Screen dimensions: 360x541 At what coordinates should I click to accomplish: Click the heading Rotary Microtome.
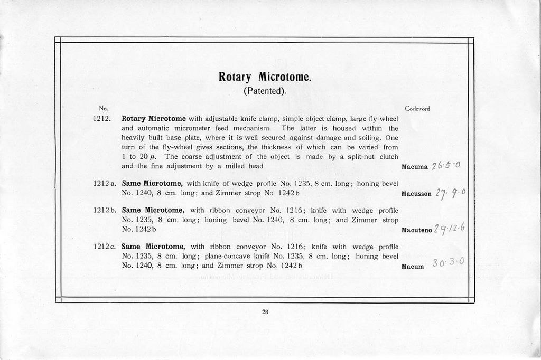pos(265,77)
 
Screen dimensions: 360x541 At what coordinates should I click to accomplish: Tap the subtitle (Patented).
pos(265,91)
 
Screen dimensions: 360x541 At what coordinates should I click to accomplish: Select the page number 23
pos(265,311)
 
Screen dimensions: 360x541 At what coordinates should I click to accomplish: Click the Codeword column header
pos(417,109)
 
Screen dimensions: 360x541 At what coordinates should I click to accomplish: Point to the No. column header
pos(104,109)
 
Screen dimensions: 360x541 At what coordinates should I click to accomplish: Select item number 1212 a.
pos(104,184)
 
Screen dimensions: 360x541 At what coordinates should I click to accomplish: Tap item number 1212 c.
pos(104,246)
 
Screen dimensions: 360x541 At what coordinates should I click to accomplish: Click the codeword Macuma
pos(415,167)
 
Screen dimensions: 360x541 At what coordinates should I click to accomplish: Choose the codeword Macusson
pos(417,194)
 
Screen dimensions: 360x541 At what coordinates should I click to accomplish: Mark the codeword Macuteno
pos(417,230)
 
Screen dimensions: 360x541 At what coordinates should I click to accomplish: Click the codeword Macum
pos(413,267)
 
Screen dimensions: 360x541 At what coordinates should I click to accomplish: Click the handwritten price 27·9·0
pos(450,193)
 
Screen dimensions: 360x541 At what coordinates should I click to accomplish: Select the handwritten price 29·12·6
pos(449,228)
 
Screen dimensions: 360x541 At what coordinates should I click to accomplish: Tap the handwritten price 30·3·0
pos(448,262)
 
